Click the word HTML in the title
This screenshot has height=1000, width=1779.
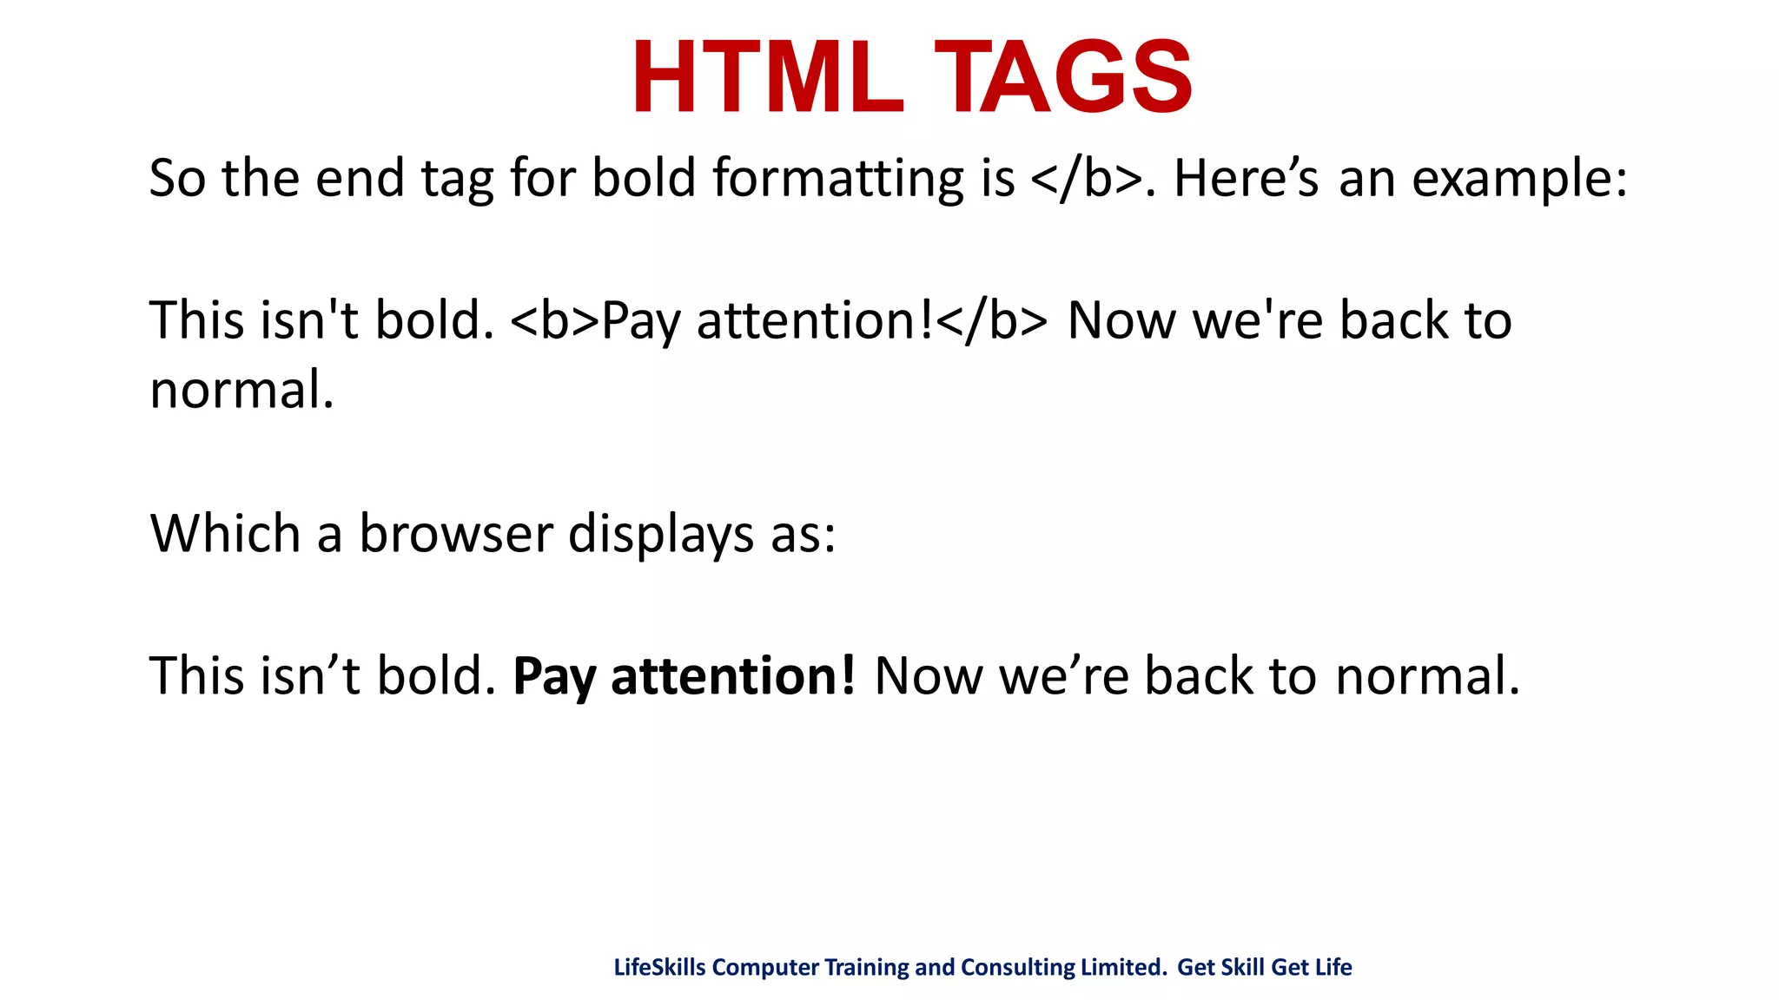(768, 78)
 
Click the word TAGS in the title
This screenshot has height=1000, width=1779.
(1063, 78)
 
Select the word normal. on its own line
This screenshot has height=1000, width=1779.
(241, 391)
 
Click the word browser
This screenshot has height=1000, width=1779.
(456, 533)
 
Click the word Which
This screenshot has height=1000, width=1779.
(225, 533)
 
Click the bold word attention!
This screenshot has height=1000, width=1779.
(733, 676)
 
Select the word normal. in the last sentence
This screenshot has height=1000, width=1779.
(1427, 676)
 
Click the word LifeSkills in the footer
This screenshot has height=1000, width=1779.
(659, 967)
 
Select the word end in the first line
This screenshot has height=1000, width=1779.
(360, 179)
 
